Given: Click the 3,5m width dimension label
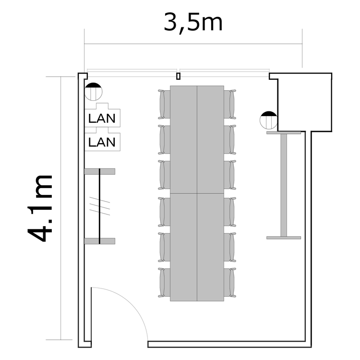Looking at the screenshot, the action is click(x=193, y=23).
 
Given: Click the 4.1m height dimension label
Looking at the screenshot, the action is click(x=41, y=208).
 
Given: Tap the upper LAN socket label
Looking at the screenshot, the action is click(x=102, y=118).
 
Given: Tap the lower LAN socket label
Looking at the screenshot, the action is click(x=102, y=142).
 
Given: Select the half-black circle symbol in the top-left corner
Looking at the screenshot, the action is click(x=93, y=91).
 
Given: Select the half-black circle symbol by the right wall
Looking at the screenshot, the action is click(x=269, y=120).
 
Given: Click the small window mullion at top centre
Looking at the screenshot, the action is click(x=178, y=76).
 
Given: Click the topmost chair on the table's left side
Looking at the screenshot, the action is click(x=164, y=104).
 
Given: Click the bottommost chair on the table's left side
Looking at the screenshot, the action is click(x=164, y=283).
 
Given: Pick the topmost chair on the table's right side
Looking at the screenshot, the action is click(x=230, y=104).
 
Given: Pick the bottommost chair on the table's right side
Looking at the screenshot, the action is click(x=230, y=283).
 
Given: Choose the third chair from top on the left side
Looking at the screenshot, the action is click(x=164, y=175).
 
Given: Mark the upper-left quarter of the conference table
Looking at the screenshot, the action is click(x=183, y=139).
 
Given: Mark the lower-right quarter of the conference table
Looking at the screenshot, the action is click(x=211, y=247).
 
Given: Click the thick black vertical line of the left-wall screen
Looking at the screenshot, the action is click(x=99, y=206).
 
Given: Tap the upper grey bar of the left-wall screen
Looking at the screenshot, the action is click(x=100, y=171).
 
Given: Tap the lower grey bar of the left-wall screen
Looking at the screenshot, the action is click(x=100, y=241).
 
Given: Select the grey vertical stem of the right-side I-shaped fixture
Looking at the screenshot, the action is click(x=284, y=185).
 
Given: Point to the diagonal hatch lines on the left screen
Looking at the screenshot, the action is click(x=100, y=206).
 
